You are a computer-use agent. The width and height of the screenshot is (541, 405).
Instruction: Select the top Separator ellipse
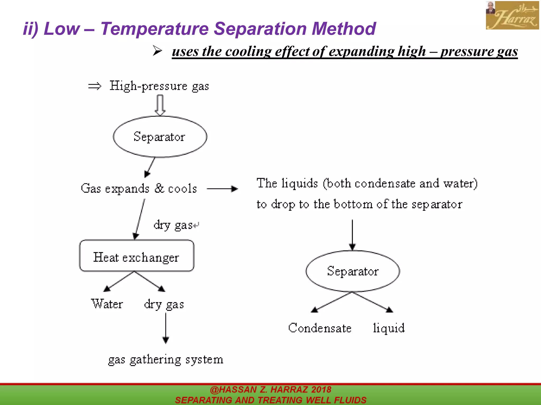pyautogui.click(x=160, y=137)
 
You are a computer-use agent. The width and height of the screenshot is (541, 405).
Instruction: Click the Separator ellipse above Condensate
pyautogui.click(x=353, y=271)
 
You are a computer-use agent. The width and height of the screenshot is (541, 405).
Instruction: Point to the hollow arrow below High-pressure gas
pyautogui.click(x=160, y=105)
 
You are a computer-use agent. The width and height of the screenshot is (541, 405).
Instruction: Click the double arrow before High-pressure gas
pyautogui.click(x=95, y=86)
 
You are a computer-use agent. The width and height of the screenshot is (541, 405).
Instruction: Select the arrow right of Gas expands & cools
pyautogui.click(x=222, y=189)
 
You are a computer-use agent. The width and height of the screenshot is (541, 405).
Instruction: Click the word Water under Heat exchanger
pyautogui.click(x=107, y=304)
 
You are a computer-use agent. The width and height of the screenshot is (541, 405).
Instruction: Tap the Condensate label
pyautogui.click(x=320, y=328)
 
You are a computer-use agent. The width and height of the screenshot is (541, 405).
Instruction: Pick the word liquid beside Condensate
pyautogui.click(x=389, y=328)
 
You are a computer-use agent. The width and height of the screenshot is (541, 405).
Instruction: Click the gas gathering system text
pyautogui.click(x=166, y=360)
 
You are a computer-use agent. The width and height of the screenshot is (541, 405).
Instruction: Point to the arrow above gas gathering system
pyautogui.click(x=166, y=328)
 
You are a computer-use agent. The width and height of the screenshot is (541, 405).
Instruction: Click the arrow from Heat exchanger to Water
pyautogui.click(x=119, y=281)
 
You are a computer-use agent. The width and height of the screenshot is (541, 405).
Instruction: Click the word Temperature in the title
pyautogui.click(x=155, y=28)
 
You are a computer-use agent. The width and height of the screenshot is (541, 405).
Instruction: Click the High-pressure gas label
pyautogui.click(x=159, y=86)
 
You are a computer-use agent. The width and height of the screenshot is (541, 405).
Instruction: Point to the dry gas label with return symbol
pyautogui.click(x=175, y=225)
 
